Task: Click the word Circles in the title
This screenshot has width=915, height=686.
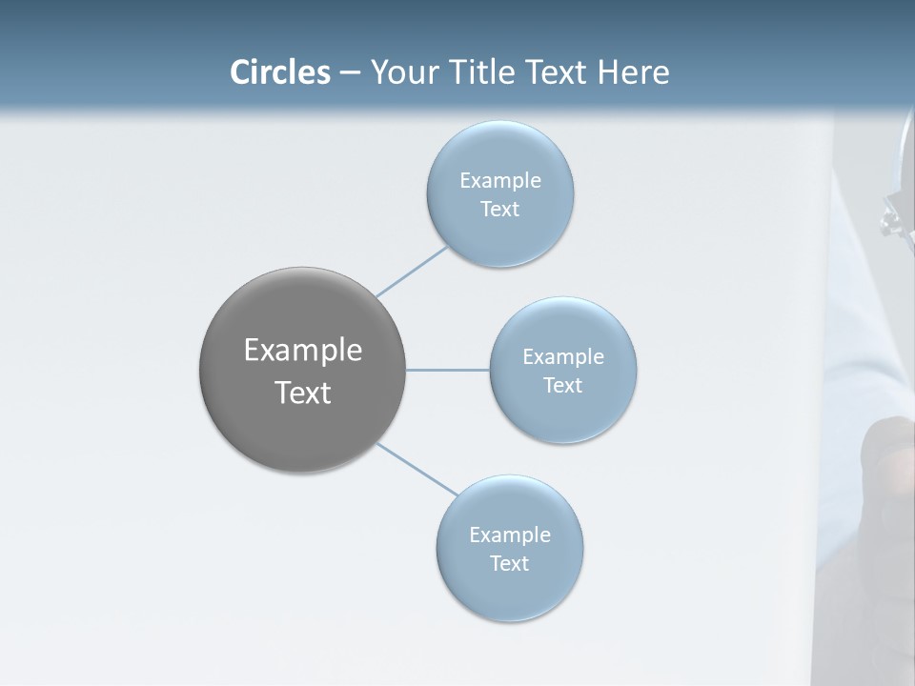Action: [280, 72]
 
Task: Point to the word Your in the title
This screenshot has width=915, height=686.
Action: [403, 72]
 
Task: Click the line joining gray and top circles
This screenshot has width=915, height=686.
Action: [413, 272]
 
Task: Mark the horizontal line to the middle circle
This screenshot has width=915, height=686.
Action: [447, 370]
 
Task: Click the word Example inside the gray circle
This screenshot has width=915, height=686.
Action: [303, 351]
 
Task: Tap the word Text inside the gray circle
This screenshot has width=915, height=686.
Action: [303, 393]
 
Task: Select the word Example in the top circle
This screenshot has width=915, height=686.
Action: [500, 180]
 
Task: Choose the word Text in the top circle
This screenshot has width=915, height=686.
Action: [500, 209]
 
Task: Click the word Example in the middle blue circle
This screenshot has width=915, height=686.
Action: [563, 356]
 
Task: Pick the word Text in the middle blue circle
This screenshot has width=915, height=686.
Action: [563, 385]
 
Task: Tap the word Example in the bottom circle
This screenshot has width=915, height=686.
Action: [510, 535]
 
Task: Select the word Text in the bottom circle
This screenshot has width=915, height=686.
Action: [510, 563]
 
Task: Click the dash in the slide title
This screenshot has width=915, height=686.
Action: [350, 73]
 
